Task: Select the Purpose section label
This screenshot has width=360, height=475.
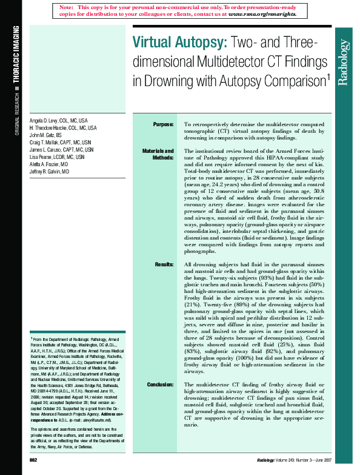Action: coord(163,124)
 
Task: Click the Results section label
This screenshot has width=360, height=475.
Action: coord(164,265)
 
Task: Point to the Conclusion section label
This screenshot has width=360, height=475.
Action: coord(160,385)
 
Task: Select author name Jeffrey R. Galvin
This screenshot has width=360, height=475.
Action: coord(49,172)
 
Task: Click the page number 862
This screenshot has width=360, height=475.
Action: coord(33,461)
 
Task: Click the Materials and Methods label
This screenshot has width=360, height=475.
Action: coord(158,155)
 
